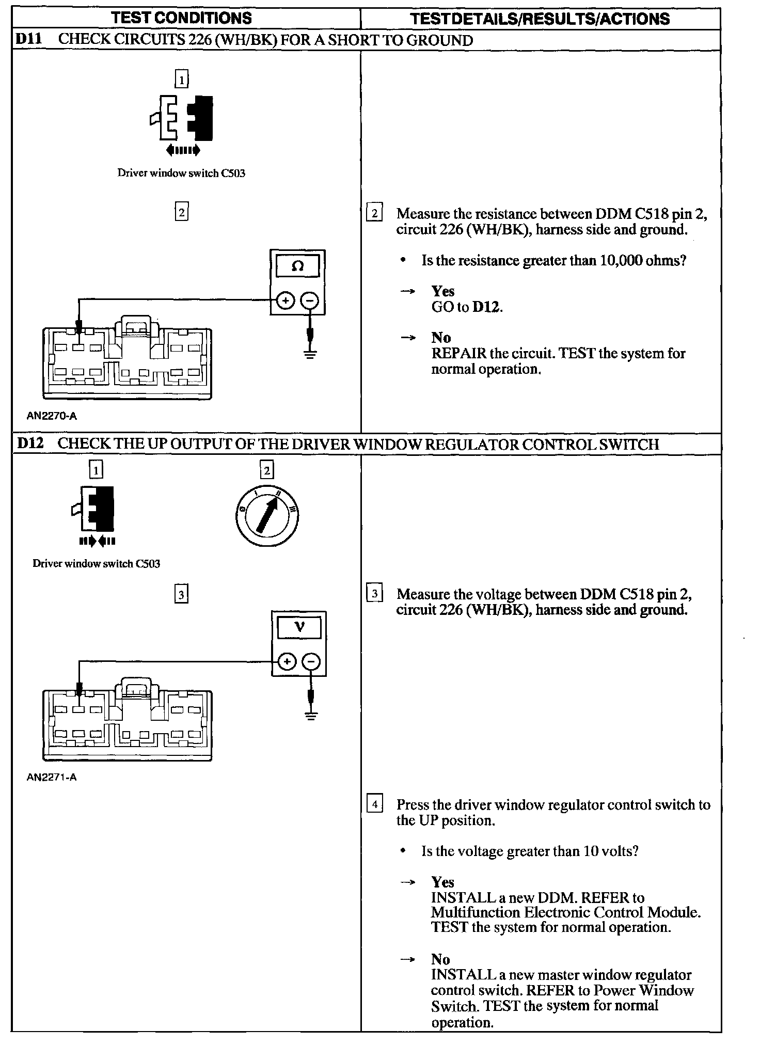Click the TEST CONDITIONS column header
(x=181, y=18)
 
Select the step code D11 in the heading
(x=29, y=40)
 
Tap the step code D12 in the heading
(x=29, y=444)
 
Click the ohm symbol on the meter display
(x=297, y=266)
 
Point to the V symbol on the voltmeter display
(x=299, y=627)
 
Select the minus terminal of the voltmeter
(x=311, y=661)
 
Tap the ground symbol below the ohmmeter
(x=310, y=354)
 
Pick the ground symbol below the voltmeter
(x=311, y=716)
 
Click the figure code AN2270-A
(x=52, y=416)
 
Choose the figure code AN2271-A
(x=52, y=777)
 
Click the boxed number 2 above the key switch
(x=266, y=470)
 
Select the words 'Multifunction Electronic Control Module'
(x=565, y=912)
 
